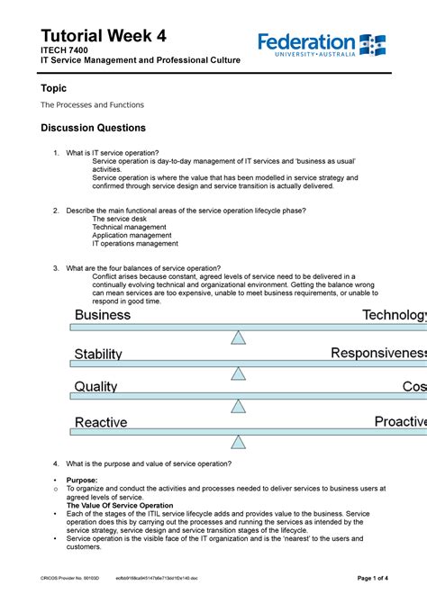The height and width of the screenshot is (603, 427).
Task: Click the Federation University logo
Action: pos(322,44)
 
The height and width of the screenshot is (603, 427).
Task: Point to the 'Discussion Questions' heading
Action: pos(94,128)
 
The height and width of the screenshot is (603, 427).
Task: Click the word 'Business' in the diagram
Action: pos(102,315)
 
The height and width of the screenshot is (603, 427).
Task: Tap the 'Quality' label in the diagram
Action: pos(95,386)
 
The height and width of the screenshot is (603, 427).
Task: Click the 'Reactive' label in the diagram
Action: pos(101,422)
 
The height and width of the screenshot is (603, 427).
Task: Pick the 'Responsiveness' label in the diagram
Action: pos(378,354)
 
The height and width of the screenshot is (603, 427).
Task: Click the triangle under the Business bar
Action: pos(238,337)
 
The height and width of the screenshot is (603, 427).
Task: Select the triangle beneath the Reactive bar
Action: pos(238,442)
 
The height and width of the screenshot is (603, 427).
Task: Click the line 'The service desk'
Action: pos(120,219)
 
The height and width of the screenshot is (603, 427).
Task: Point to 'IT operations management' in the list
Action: pos(135,243)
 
